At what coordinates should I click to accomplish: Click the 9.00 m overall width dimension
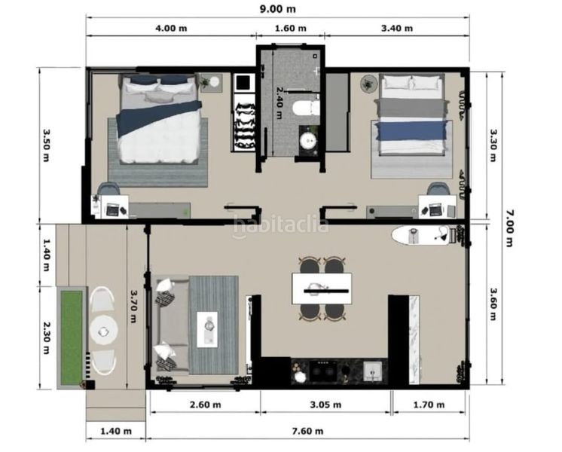point(278,9)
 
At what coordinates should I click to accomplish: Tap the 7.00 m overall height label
point(509,228)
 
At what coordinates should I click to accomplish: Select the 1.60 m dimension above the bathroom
point(290,28)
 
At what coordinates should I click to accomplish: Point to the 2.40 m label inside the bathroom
point(279,102)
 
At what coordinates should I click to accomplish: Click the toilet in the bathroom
point(306,108)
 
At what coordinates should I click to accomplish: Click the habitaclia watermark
point(280,226)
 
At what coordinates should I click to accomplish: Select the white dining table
point(322,289)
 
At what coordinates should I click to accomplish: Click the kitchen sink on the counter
point(373,371)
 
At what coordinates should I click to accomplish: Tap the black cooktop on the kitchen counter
point(323,371)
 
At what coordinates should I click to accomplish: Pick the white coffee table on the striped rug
point(207,329)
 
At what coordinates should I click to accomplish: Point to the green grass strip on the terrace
point(72,337)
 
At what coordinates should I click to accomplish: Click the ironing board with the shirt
point(421,236)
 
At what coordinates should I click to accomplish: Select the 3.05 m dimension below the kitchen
point(325,405)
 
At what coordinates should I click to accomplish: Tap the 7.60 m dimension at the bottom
point(307,431)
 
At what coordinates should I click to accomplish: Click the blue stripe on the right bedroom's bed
point(411,131)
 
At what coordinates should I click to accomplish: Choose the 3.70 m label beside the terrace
point(133,306)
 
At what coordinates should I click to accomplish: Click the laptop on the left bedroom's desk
point(112,209)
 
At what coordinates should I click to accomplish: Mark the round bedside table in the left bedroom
point(215,81)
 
